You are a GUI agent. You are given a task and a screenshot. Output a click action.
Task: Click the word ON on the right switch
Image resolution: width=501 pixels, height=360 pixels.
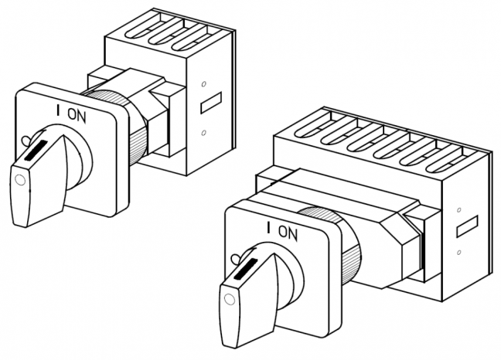[x=288, y=233]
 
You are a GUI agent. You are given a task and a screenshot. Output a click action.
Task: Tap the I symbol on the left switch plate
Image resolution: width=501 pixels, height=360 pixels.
[x=58, y=110]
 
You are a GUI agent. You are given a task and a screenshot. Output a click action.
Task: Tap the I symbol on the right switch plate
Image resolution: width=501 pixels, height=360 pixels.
[x=269, y=228]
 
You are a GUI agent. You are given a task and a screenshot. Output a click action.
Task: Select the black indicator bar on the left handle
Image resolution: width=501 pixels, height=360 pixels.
[x=36, y=150]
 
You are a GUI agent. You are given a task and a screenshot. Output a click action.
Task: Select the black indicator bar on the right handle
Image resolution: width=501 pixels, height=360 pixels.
[x=245, y=269]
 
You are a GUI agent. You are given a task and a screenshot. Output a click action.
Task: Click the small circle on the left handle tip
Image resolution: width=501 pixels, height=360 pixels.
[x=20, y=180]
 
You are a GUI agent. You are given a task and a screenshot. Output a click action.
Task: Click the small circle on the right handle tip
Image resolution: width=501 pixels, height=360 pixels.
[x=230, y=300]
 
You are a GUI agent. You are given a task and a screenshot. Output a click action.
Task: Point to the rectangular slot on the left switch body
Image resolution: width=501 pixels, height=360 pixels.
[x=211, y=103]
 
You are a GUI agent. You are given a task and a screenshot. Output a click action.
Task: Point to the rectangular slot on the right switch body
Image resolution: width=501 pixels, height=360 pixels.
[x=467, y=226]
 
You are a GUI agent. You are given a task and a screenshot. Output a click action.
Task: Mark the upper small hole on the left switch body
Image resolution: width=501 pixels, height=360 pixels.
[x=204, y=84]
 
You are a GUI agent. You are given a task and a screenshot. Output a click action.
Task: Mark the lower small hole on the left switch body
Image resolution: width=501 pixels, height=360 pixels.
[x=204, y=132]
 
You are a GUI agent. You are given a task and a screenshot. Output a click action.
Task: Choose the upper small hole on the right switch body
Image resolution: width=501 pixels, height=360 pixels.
[x=459, y=210]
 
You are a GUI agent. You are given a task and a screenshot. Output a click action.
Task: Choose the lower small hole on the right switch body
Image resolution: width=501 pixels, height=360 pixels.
[x=459, y=253]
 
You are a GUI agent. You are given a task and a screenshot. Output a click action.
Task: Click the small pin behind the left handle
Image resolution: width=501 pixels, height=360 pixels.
[x=26, y=140]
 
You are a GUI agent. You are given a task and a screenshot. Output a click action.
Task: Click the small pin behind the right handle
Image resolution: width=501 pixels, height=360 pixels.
[x=237, y=258]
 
